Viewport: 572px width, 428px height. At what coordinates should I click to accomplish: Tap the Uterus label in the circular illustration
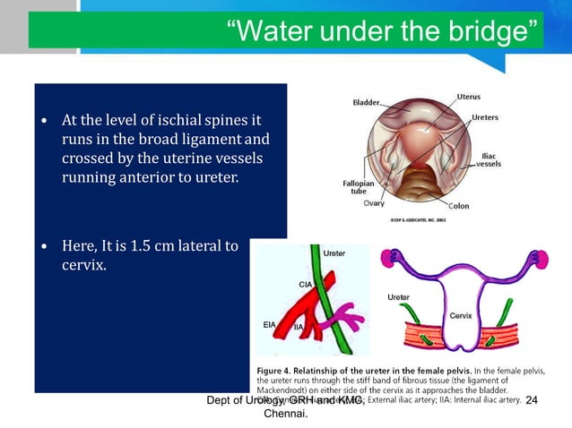point(471,95)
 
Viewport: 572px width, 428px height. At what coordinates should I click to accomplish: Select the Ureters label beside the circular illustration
point(485,117)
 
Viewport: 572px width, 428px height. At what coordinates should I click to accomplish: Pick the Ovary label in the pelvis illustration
point(374,203)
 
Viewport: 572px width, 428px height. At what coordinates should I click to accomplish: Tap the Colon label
point(458,206)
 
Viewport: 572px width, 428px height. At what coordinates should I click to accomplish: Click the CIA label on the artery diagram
point(305,284)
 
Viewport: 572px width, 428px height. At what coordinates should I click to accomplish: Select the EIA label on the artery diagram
point(269,325)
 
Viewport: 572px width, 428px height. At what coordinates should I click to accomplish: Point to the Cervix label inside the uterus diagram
point(460,315)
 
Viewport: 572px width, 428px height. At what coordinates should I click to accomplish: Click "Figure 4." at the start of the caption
point(278,370)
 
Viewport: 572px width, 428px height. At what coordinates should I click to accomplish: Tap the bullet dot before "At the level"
point(44,120)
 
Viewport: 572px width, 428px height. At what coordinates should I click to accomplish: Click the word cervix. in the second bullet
point(82,265)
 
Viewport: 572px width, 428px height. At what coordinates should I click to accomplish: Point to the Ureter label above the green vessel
point(334,254)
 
